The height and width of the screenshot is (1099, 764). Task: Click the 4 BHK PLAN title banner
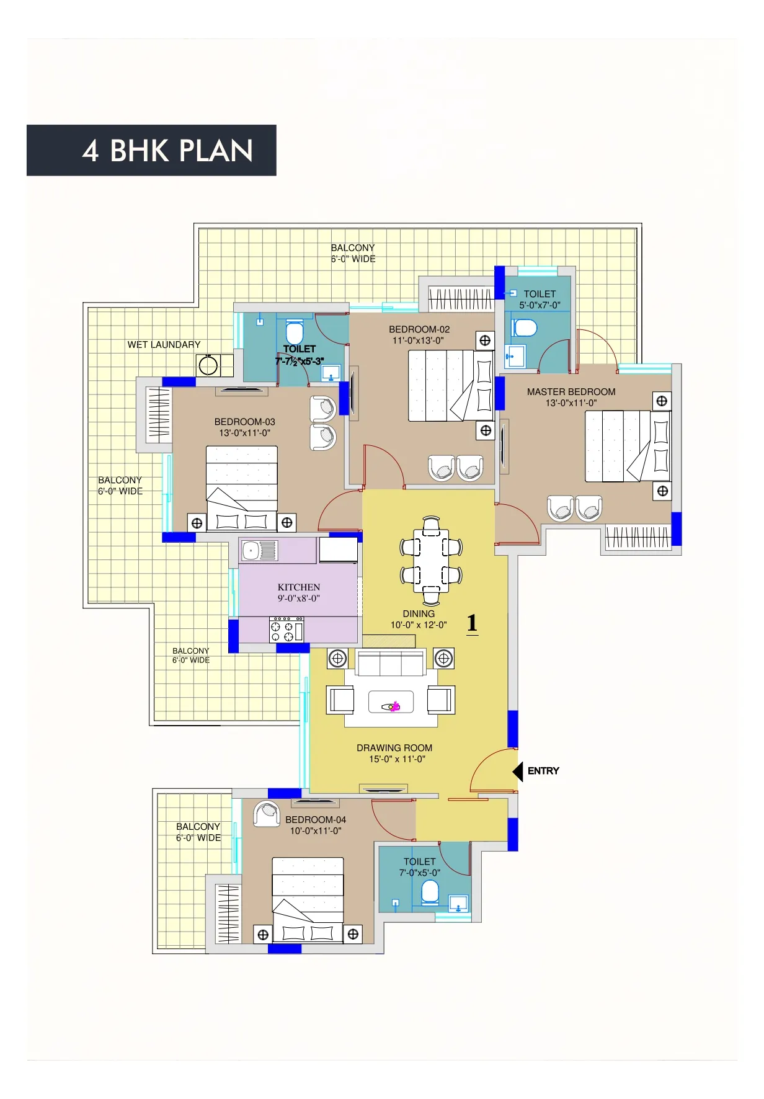point(151,150)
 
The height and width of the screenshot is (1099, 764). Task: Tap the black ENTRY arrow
point(518,772)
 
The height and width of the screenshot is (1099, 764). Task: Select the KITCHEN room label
point(299,587)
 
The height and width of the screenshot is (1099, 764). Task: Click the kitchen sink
point(259,550)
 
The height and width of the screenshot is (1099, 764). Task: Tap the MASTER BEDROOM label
point(571,392)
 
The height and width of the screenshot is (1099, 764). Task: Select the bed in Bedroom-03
point(242,489)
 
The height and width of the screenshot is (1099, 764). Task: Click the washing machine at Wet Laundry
point(208,365)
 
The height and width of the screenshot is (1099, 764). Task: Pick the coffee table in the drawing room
point(391,702)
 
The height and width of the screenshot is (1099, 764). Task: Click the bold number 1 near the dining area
point(473,623)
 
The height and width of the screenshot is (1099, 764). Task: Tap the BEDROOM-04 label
point(316,820)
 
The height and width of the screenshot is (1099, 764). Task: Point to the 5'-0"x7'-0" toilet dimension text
point(540,305)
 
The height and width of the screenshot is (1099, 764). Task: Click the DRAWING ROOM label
point(394,748)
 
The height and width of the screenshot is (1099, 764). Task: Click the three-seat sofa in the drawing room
point(391,662)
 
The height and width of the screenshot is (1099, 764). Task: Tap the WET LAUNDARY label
point(164,345)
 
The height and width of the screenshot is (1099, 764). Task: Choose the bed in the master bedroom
point(628,446)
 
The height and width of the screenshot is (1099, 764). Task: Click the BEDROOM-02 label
point(419,329)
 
